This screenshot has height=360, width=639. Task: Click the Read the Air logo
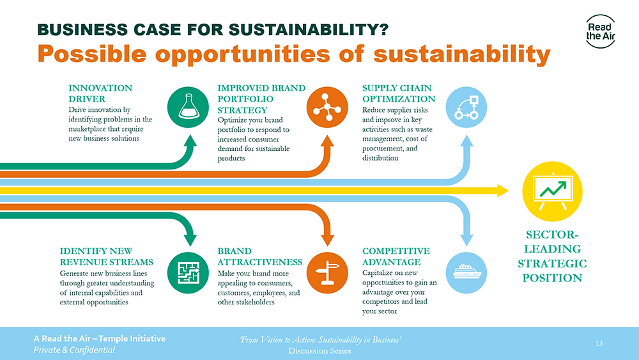(600, 31)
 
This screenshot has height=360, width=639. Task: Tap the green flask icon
(188, 107)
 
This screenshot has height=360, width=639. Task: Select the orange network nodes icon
(327, 107)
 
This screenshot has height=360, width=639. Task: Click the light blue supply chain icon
(466, 107)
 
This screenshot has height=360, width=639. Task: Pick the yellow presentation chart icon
(552, 191)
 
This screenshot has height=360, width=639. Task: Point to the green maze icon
(188, 273)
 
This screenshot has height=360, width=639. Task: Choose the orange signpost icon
(327, 273)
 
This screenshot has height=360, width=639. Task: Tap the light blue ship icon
(466, 273)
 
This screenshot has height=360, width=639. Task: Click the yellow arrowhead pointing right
(503, 191)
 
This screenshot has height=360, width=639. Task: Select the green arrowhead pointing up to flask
(190, 141)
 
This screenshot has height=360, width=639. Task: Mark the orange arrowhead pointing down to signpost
(327, 240)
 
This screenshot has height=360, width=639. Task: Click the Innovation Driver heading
(100, 93)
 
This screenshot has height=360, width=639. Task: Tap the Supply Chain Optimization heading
(399, 93)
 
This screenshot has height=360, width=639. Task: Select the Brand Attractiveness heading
(260, 256)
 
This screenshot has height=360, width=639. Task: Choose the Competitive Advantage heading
(396, 256)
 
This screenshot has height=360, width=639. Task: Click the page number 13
(599, 343)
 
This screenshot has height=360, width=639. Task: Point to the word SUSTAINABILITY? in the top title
(309, 30)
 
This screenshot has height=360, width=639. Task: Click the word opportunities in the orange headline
(242, 54)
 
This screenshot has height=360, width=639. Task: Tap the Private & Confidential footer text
(74, 350)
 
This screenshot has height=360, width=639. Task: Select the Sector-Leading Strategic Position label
(552, 256)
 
